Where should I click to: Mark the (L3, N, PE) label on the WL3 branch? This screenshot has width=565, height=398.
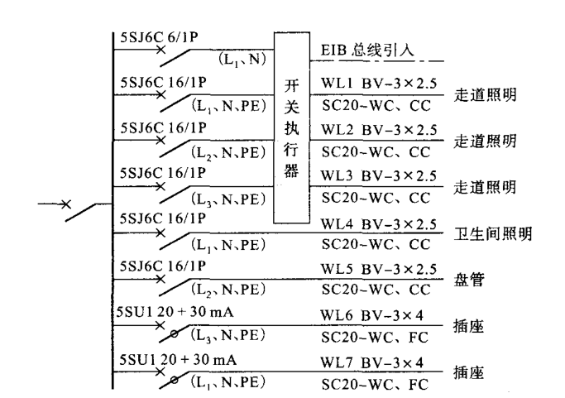pos(228,199)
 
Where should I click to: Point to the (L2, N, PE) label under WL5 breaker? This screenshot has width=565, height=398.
pos(228,292)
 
